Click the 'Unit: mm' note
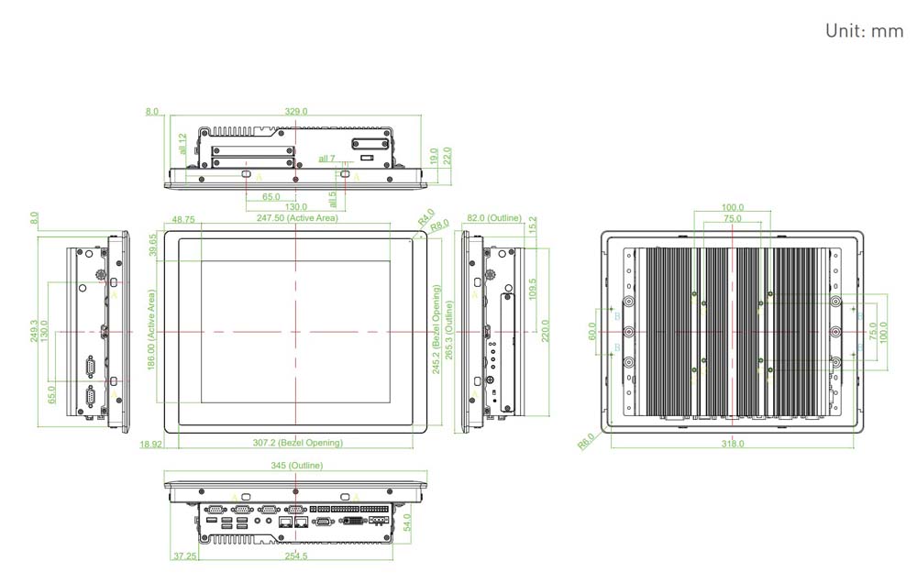tap(864, 31)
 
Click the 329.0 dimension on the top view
tap(295, 111)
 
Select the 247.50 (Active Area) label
tap(296, 218)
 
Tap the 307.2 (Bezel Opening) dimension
tap(297, 443)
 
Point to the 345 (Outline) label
tap(296, 467)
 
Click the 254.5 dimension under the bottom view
tap(296, 555)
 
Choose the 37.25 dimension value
tap(184, 555)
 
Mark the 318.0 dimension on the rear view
tap(732, 444)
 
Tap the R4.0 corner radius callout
tap(425, 218)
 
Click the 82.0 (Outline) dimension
tap(493, 218)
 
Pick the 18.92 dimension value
tap(151, 443)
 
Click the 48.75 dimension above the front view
tap(182, 219)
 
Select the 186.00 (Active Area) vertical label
tap(152, 328)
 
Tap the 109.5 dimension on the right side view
tap(533, 288)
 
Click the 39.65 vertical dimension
tap(153, 246)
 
